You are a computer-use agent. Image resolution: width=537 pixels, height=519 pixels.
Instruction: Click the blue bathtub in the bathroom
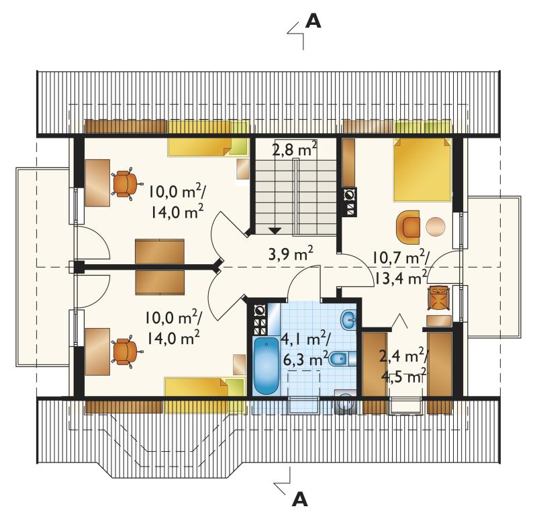266,366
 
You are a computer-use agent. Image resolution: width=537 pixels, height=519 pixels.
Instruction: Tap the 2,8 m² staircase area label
294,149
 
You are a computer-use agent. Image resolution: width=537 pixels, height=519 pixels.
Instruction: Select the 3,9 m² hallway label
291,254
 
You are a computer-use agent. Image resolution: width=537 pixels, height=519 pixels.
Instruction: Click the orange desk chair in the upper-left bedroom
126,184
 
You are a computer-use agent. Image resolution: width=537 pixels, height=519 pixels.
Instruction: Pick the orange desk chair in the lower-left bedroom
126,352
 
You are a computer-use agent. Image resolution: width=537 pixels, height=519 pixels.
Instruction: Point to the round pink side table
436,227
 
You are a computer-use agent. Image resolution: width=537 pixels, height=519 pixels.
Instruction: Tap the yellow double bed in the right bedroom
422,169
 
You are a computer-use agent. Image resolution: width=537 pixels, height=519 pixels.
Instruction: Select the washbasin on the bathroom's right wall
348,321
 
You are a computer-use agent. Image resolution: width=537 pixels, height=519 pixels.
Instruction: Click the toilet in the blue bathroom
342,359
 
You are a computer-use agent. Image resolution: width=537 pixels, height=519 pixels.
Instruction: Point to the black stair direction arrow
275,231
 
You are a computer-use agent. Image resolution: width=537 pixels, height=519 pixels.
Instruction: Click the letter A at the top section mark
313,21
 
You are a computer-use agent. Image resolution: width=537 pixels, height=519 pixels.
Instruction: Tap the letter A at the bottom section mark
299,500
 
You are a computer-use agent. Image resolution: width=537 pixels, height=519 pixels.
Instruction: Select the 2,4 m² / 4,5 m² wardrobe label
403,366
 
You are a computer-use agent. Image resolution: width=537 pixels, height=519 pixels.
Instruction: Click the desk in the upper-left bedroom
97,183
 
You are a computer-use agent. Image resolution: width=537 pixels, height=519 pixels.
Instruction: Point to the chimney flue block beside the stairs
350,202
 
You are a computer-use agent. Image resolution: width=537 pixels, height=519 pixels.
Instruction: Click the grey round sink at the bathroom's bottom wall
345,401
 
